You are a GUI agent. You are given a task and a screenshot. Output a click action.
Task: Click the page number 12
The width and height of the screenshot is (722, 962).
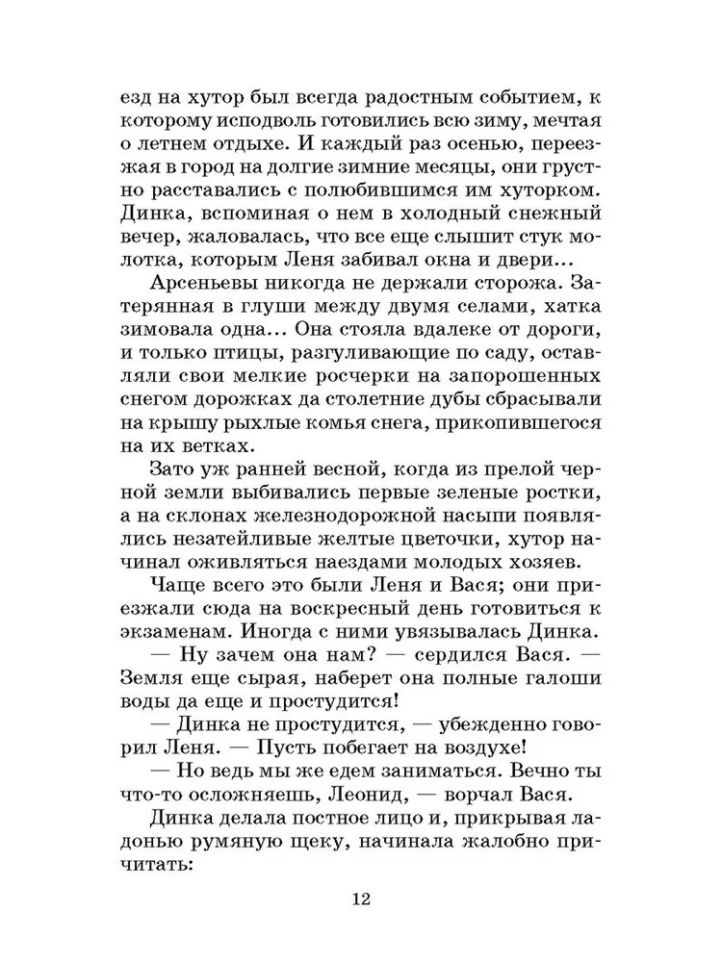[x=361, y=900]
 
